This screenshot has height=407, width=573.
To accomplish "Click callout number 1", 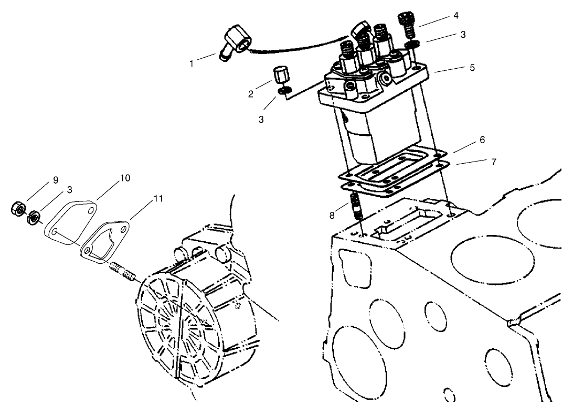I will point(192,64).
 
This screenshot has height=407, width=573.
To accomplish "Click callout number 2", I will point(251,94).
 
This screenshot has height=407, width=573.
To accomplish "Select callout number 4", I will point(456,16).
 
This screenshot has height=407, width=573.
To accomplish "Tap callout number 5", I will point(472,68).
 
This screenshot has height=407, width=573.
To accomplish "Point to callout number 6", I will point(482,140).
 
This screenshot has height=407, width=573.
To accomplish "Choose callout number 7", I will point(493,162).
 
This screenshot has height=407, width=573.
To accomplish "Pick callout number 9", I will point(55,180).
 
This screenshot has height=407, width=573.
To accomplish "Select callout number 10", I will point(125,178).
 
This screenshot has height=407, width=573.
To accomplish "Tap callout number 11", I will point(158,199).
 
